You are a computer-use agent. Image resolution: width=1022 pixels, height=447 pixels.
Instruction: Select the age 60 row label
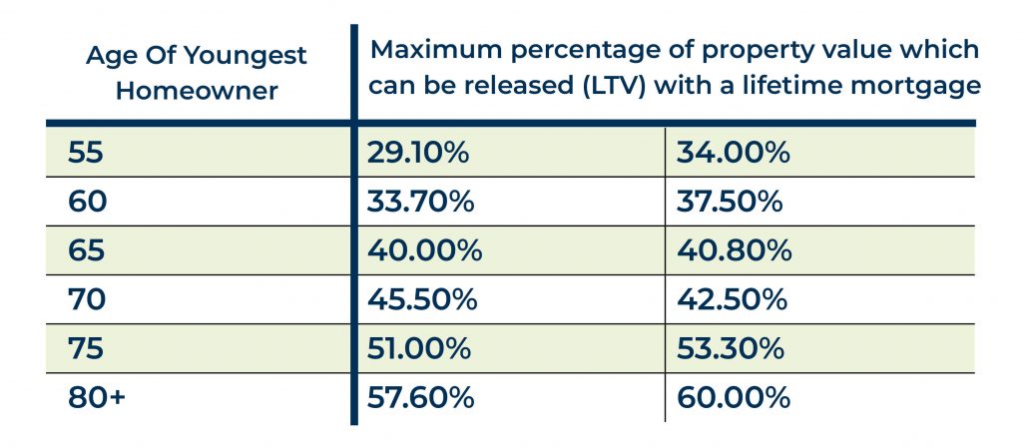(88, 203)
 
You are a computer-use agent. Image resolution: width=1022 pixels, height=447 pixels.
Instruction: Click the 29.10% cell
(419, 154)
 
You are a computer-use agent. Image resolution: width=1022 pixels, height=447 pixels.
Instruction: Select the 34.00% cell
(734, 154)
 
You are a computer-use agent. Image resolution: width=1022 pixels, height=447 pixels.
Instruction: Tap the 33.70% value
(420, 203)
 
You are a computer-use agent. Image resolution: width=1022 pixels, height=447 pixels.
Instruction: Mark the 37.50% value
(732, 203)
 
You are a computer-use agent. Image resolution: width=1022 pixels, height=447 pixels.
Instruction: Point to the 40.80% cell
(735, 250)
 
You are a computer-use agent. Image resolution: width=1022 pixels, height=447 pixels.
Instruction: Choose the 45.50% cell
(422, 299)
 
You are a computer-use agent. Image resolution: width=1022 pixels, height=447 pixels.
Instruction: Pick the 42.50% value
(733, 299)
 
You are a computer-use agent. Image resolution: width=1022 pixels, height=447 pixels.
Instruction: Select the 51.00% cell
(420, 348)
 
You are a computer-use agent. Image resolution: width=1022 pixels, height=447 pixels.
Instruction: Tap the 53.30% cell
(733, 348)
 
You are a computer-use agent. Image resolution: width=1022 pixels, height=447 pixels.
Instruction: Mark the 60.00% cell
(734, 397)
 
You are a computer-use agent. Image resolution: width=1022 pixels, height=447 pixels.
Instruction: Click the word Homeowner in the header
(197, 91)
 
